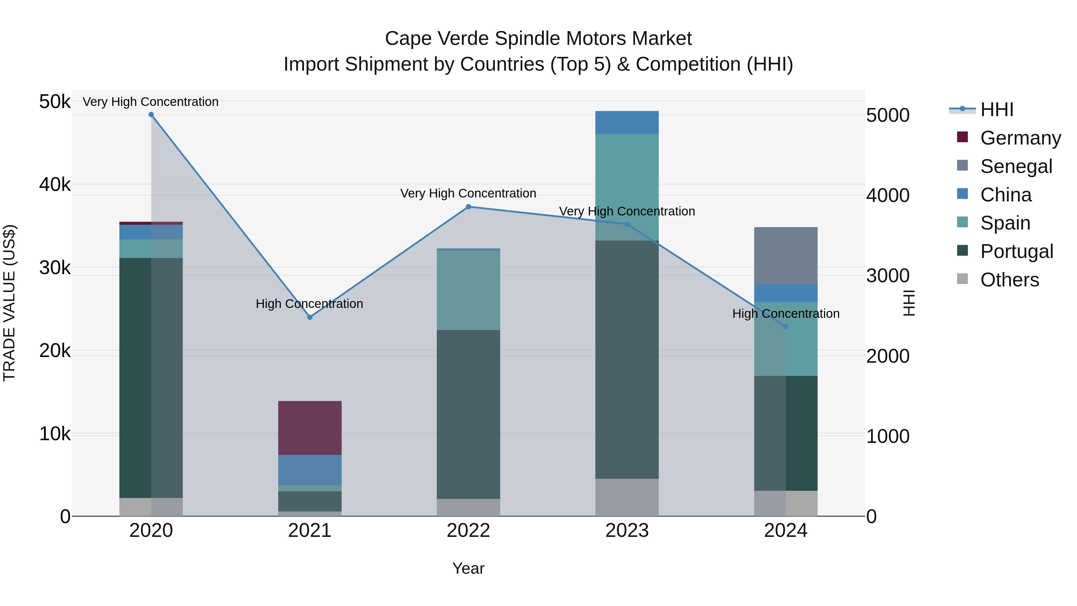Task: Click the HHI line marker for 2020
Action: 151,115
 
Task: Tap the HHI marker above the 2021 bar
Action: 310,318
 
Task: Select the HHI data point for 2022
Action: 468,206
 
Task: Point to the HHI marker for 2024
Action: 786,326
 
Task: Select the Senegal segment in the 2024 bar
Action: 786,256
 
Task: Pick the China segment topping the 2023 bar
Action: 627,122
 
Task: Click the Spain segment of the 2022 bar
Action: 468,290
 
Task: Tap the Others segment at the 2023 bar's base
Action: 627,497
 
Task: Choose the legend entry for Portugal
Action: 1016,251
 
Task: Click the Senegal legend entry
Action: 1016,166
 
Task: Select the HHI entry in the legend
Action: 997,110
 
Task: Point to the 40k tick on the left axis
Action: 55,184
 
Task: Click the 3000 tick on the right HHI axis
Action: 888,276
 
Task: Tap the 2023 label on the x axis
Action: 627,531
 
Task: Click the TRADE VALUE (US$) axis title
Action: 9,303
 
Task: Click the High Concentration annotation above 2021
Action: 309,304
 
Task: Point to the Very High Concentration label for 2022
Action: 468,193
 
